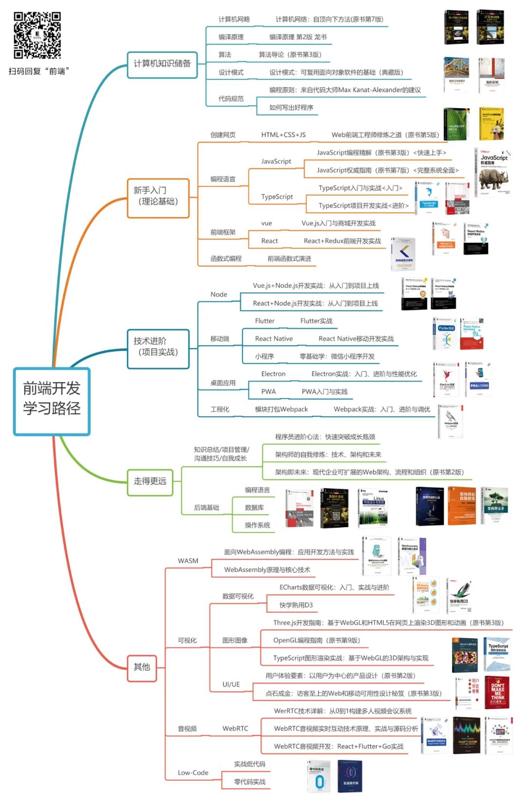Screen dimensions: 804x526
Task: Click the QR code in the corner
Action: (x=37, y=35)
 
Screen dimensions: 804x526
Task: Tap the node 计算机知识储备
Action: (x=162, y=64)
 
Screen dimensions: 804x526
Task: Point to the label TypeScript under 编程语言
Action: (x=277, y=197)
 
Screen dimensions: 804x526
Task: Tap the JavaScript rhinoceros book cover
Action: (x=493, y=172)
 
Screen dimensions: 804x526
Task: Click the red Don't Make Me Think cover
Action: (x=497, y=692)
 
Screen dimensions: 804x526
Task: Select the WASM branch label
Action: (x=188, y=561)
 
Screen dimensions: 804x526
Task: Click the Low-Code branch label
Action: (x=193, y=773)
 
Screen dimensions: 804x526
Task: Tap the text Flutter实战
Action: (x=316, y=321)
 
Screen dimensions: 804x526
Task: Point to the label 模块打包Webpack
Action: (x=281, y=409)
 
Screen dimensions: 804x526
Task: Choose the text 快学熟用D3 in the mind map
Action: (x=296, y=605)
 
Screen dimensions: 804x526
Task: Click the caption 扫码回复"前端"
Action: (x=39, y=71)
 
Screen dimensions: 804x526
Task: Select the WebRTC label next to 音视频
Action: (x=235, y=728)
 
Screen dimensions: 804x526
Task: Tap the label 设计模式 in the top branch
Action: (x=231, y=73)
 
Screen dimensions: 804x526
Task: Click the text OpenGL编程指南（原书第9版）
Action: (x=317, y=640)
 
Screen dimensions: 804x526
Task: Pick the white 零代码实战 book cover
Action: (x=319, y=777)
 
